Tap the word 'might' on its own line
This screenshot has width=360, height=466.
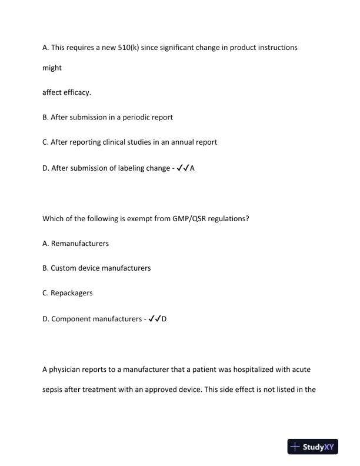coord(52,68)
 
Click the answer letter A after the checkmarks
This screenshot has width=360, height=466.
coord(192,168)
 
